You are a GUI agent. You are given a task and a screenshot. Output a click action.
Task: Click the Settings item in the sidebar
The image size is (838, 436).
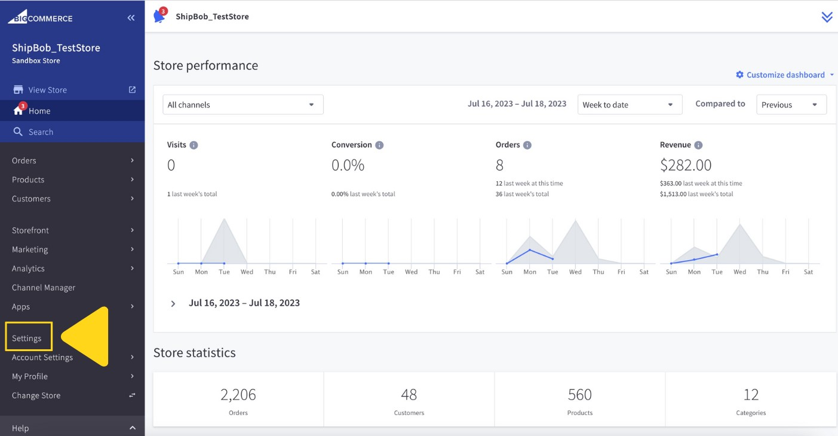tap(27, 338)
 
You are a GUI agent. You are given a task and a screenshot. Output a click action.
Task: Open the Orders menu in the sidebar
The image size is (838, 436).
tap(24, 160)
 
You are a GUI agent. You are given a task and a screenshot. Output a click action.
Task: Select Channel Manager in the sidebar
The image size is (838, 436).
tap(44, 288)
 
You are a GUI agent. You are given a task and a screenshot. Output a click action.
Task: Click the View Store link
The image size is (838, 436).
tap(48, 90)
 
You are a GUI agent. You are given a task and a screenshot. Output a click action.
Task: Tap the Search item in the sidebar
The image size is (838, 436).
tap(41, 132)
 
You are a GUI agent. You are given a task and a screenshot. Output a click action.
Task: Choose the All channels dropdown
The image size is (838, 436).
tap(243, 105)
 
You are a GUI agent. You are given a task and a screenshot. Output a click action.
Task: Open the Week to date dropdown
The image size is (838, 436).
tap(629, 105)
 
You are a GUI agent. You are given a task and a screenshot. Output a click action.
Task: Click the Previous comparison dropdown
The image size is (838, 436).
tap(791, 105)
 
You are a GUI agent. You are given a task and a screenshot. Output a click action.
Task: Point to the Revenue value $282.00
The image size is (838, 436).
tap(686, 165)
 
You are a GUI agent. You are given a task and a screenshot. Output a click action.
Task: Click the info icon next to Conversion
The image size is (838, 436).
tap(379, 145)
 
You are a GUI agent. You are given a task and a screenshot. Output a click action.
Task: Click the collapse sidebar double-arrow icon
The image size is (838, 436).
tap(131, 18)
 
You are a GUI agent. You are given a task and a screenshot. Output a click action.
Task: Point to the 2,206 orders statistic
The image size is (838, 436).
tap(238, 395)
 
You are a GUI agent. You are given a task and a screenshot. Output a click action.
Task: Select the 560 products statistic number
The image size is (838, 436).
tap(579, 395)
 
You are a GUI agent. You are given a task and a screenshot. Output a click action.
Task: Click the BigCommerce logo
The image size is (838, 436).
tap(40, 18)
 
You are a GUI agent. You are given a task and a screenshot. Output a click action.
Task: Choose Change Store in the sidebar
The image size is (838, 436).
tap(36, 395)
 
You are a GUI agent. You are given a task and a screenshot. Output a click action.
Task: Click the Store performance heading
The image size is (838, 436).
tap(205, 66)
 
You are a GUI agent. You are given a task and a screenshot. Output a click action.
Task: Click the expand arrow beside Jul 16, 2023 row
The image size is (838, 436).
tap(173, 304)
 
